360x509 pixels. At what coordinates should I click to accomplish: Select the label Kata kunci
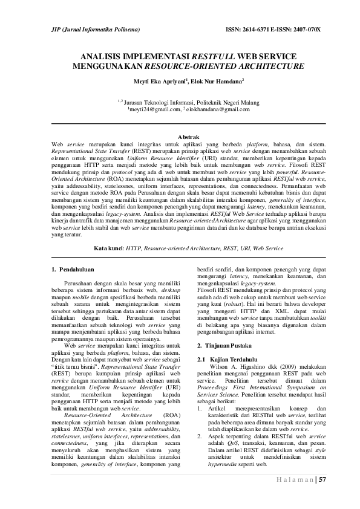coord(108,248)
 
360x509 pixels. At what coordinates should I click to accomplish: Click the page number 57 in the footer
coord(322,480)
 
